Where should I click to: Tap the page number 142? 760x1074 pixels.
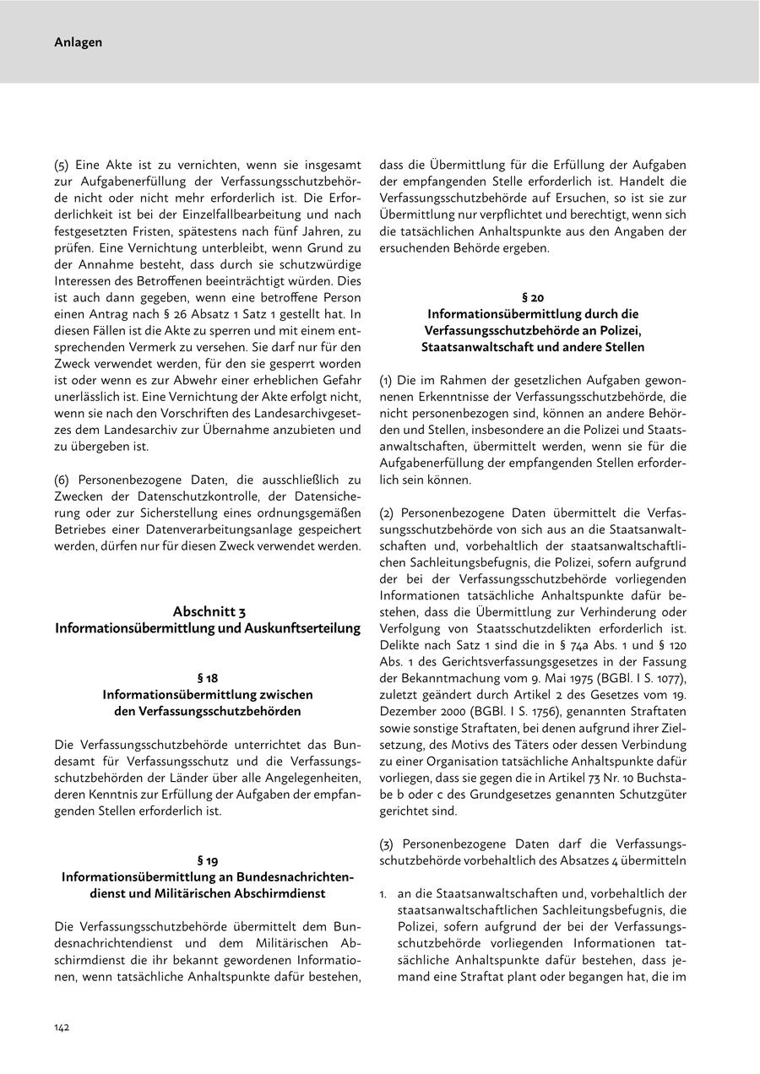click(x=62, y=1027)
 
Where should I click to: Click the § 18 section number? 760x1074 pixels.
click(x=208, y=677)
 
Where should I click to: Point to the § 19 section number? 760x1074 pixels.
click(x=208, y=860)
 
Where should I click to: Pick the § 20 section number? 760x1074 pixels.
click(x=533, y=296)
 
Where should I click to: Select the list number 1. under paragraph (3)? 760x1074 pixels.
click(x=384, y=892)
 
